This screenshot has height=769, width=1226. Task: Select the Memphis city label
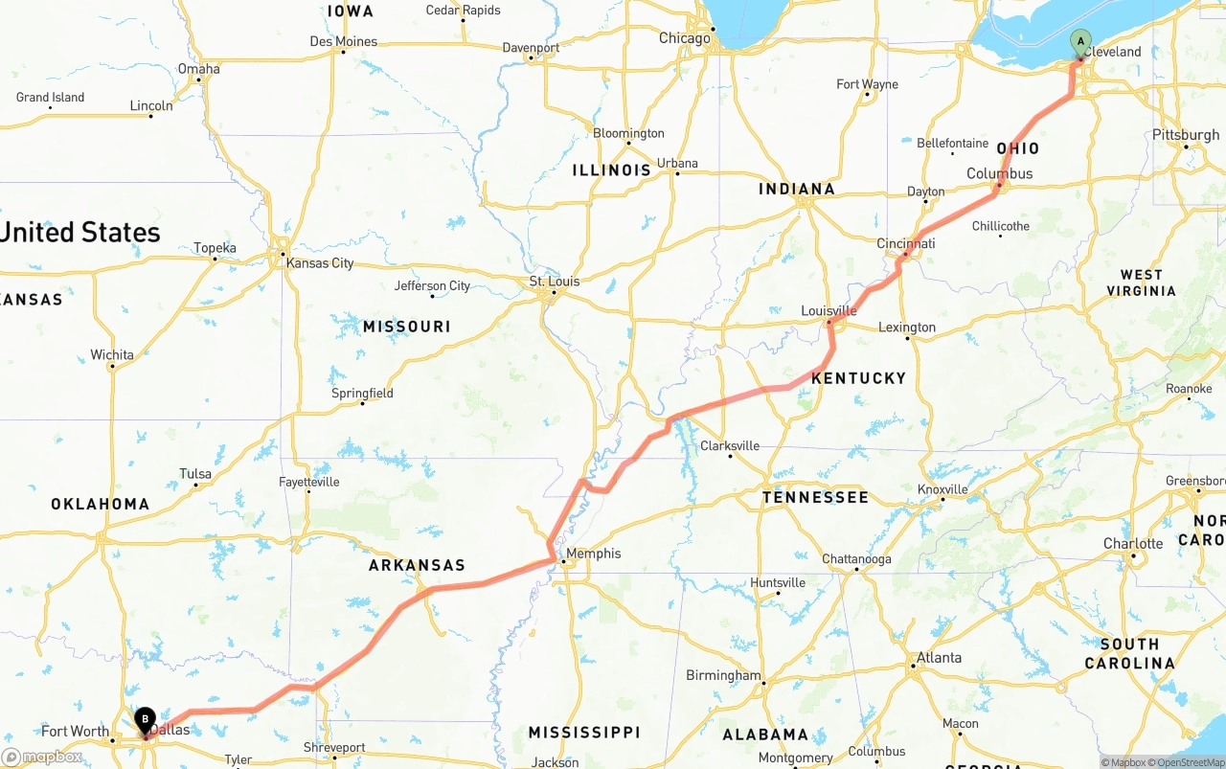point(593,554)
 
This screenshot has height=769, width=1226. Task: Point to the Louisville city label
point(829,311)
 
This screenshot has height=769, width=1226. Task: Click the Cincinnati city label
point(905,244)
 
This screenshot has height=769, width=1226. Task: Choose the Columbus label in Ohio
point(999,173)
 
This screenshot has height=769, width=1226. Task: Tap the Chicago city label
point(685,38)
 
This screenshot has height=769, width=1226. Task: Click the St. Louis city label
point(555,282)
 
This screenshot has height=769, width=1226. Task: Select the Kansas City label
point(320,263)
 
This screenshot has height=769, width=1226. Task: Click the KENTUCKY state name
point(858,378)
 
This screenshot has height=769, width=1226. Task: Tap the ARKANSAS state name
point(417,565)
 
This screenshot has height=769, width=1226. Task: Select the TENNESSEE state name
point(815,497)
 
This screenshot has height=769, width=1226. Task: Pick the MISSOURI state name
point(406,327)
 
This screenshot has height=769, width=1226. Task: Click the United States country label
point(80,233)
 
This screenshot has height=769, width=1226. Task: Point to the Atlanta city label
point(939,658)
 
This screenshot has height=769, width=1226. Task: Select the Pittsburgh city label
point(1186,135)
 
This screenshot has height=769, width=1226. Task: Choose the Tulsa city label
point(195,474)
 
